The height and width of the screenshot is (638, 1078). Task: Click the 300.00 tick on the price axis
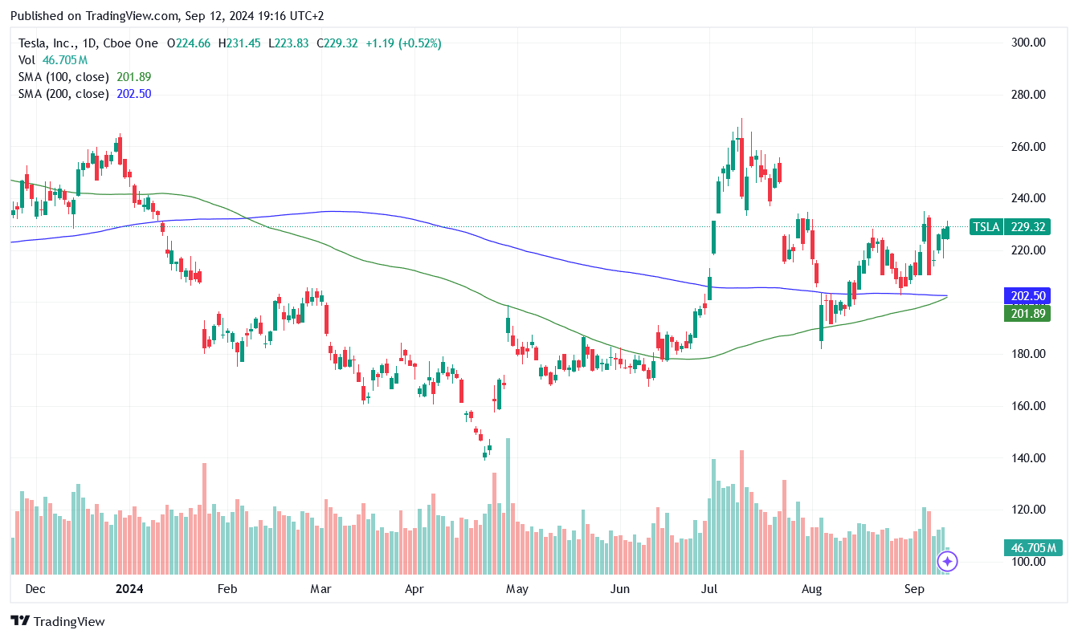(1028, 43)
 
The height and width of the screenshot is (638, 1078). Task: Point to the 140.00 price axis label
(1028, 458)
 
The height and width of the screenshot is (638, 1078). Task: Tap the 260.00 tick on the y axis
(1028, 147)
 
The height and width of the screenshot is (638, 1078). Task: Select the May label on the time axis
(517, 590)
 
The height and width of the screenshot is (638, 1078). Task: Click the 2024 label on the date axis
(129, 590)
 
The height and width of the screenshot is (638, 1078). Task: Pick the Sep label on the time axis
(913, 590)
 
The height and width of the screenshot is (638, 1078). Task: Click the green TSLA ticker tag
(986, 227)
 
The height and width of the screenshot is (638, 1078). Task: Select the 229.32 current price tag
(1028, 227)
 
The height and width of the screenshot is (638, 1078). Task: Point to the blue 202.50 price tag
(1027, 296)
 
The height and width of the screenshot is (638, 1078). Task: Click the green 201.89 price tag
(1027, 313)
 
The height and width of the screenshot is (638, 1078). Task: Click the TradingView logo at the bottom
(58, 621)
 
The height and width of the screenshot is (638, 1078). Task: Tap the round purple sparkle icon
(947, 562)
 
